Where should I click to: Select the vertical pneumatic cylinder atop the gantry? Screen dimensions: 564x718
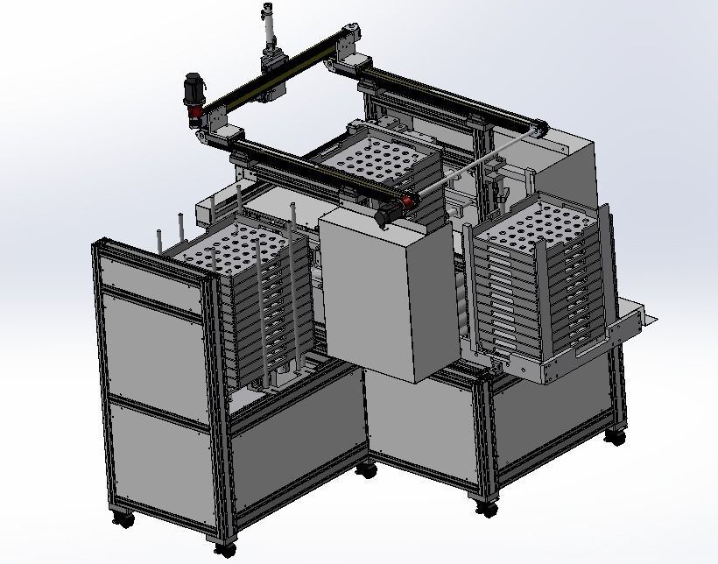coord(267,31)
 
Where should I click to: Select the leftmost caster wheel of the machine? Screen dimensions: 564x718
coord(123,518)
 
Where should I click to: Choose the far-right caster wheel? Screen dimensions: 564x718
coord(617,434)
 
